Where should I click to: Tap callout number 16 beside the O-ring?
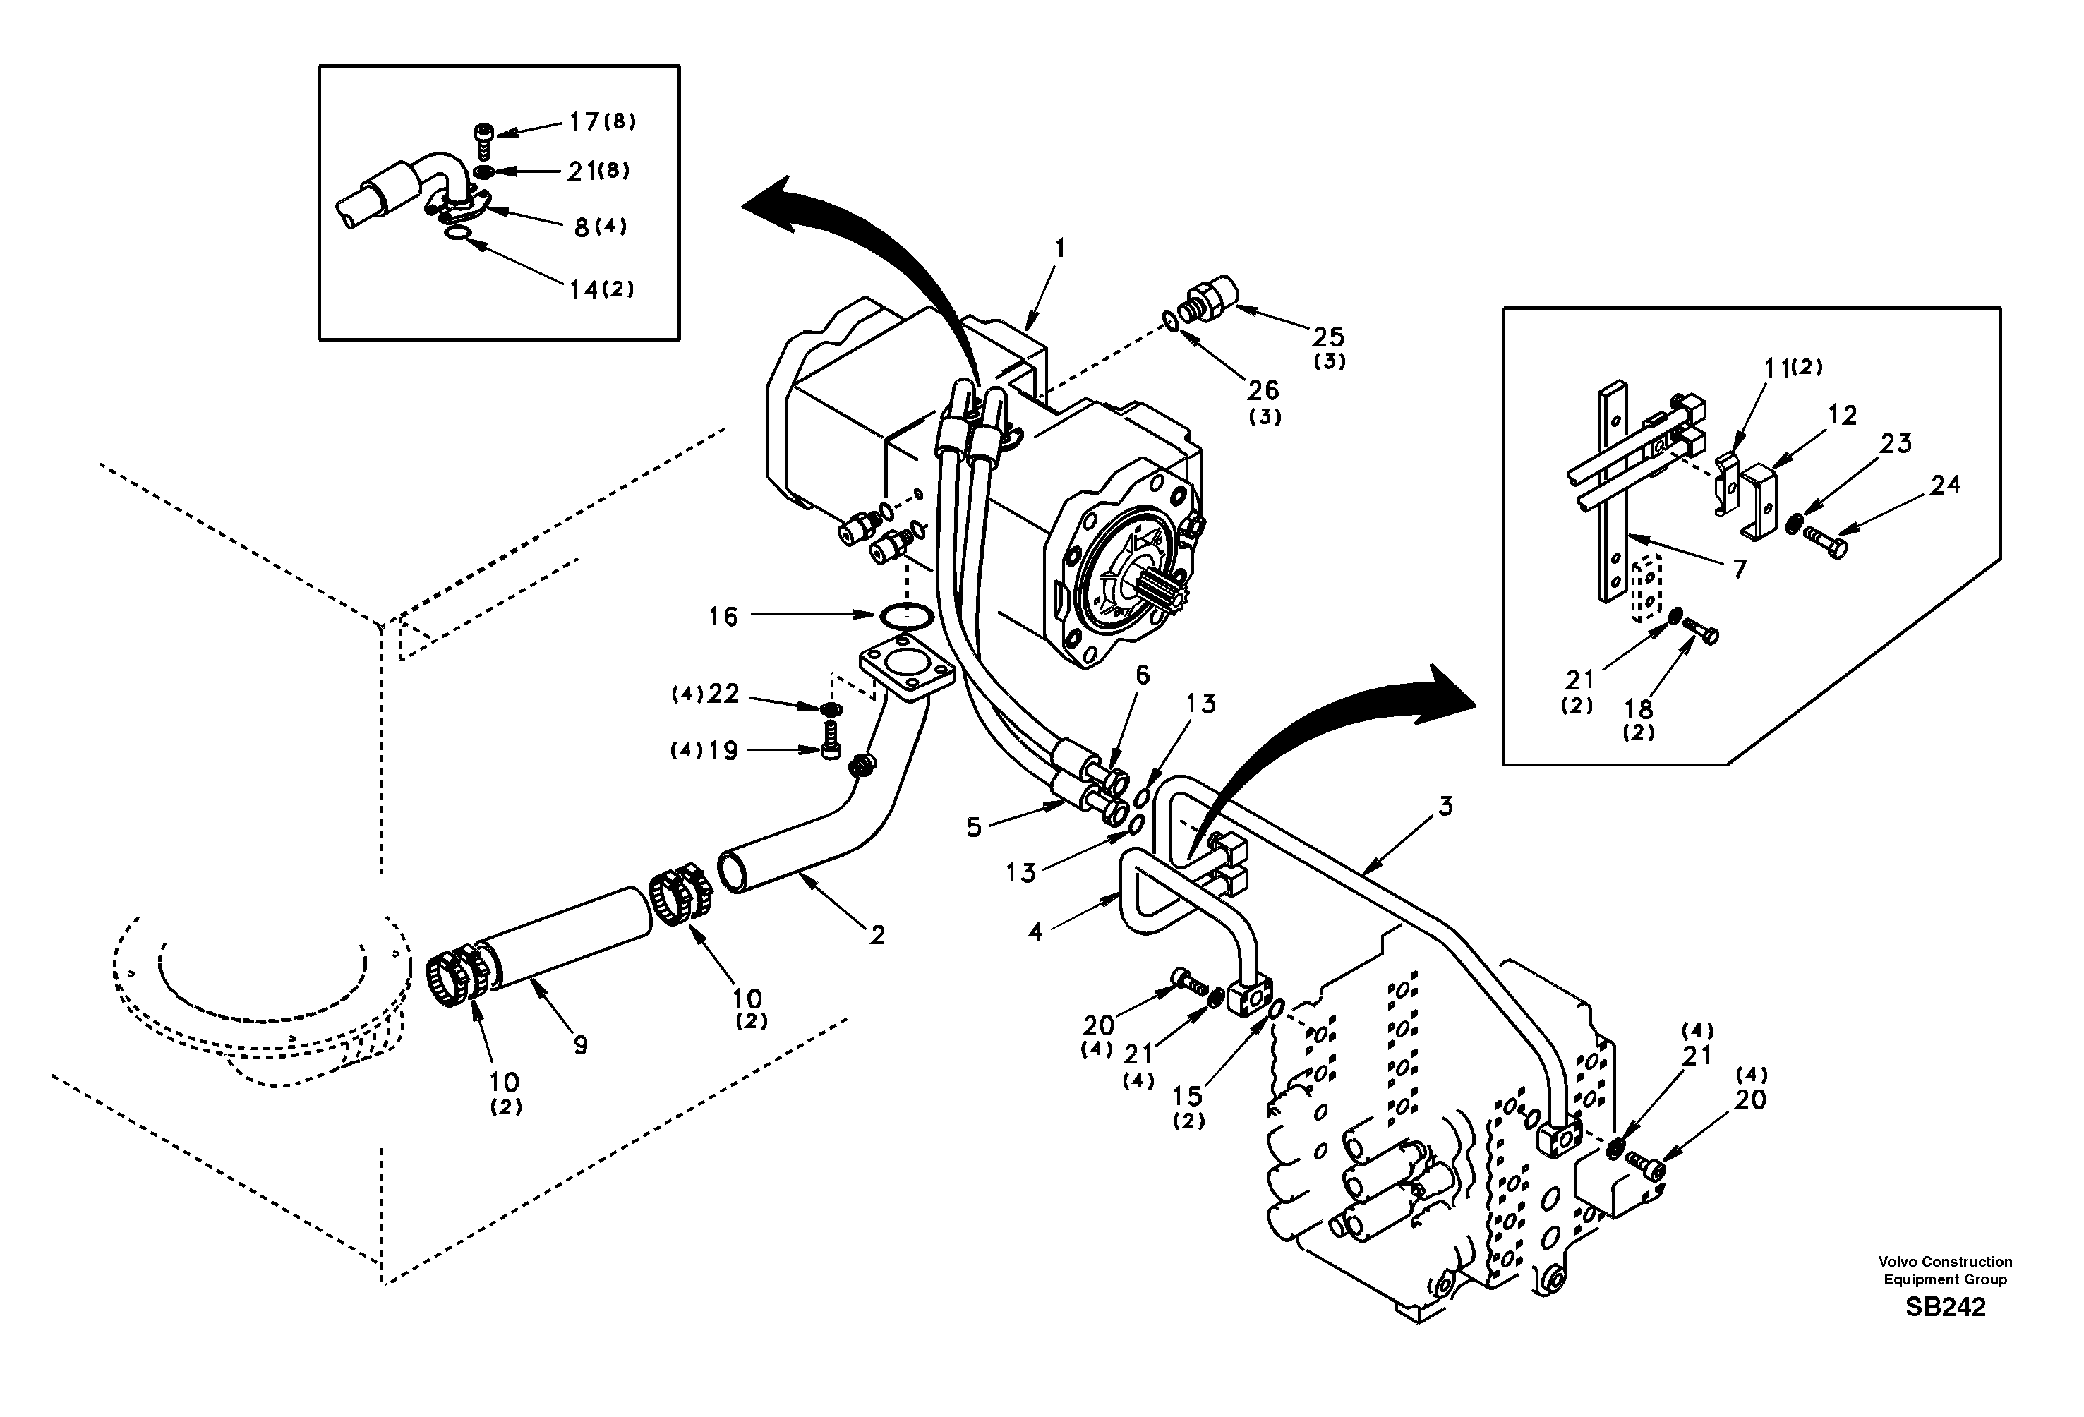pos(723,617)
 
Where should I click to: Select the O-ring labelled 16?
pos(904,616)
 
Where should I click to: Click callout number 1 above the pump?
pos(1059,248)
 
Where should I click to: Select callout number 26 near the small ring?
pos(1263,390)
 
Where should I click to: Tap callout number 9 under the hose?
pos(580,1045)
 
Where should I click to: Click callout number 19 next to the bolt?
pos(723,751)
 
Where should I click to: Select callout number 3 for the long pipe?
pos(1445,807)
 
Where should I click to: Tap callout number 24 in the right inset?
pos(1945,486)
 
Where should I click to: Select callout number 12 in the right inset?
pos(1842,415)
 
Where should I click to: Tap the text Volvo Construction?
pos(1945,1262)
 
